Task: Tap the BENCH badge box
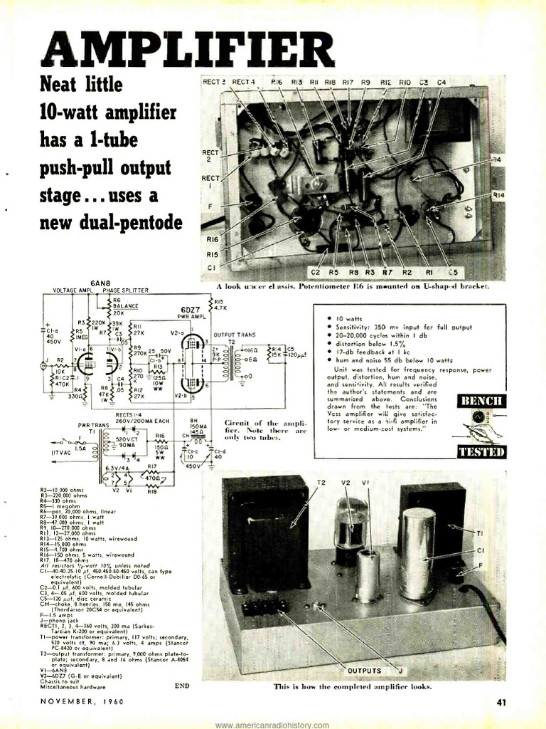[x=481, y=401]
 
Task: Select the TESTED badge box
[x=481, y=451]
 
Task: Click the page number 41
[x=501, y=703]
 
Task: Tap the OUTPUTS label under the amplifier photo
[x=365, y=670]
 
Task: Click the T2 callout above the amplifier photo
[x=321, y=482]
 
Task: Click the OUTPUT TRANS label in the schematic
[x=233, y=334]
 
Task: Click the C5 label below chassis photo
[x=454, y=273]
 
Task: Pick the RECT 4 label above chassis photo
[x=243, y=82]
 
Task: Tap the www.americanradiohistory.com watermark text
[x=273, y=724]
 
